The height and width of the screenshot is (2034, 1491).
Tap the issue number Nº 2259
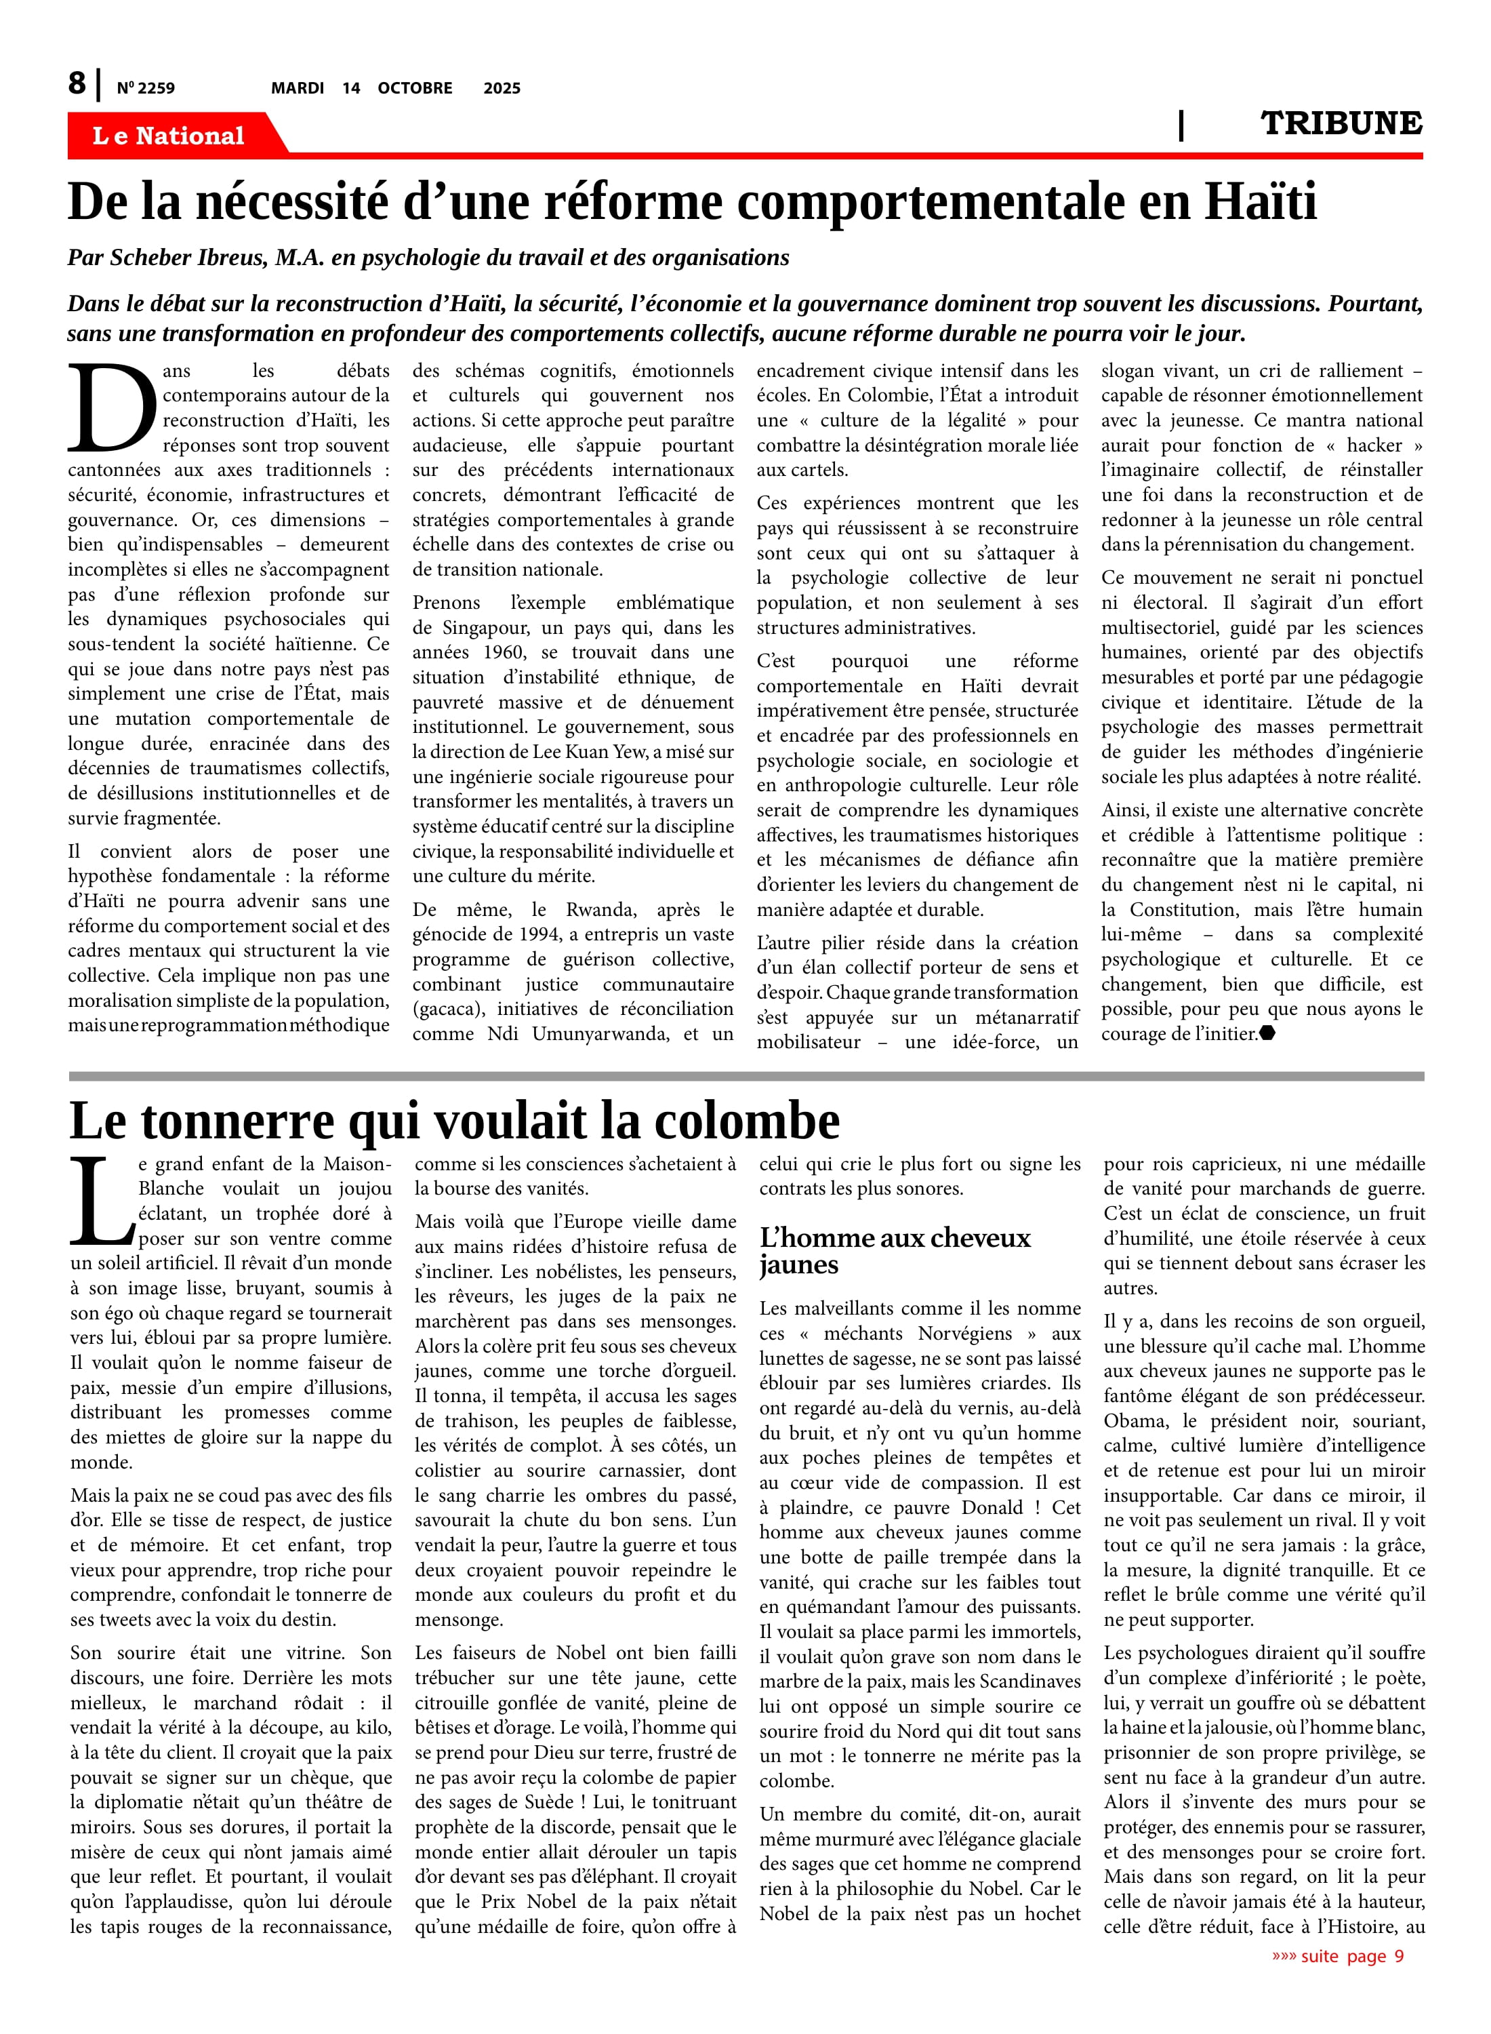[x=145, y=88]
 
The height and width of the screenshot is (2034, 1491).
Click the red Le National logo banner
[x=168, y=136]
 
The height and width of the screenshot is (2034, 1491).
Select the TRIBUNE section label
[x=1341, y=123]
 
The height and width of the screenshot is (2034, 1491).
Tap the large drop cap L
[x=101, y=1201]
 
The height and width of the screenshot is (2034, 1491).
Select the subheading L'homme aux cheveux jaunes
[x=893, y=1250]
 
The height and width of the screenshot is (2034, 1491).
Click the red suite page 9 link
[x=1339, y=1956]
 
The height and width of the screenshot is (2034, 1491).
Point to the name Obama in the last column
[x=1132, y=1421]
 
